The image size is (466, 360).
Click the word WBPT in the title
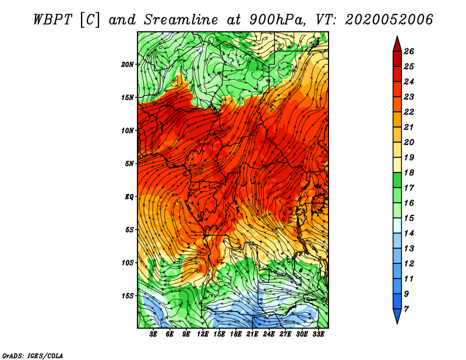click(x=52, y=20)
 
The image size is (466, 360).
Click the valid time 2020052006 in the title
click(x=389, y=20)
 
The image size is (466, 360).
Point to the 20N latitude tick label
click(x=128, y=65)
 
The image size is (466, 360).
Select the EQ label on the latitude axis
click(x=129, y=197)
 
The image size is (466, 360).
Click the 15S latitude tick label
click(x=128, y=296)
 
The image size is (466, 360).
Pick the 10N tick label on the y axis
click(x=128, y=130)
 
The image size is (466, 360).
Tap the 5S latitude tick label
click(x=129, y=230)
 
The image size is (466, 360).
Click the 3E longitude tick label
click(x=153, y=334)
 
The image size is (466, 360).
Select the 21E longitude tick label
click(x=252, y=334)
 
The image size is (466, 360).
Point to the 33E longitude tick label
click(x=318, y=334)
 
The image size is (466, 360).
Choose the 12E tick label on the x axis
click(x=202, y=334)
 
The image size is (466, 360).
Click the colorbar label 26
click(x=409, y=51)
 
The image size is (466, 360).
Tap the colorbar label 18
click(x=409, y=172)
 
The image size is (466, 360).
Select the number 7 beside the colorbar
click(x=406, y=309)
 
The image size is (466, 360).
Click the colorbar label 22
click(x=409, y=112)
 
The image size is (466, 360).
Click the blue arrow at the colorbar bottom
click(x=397, y=316)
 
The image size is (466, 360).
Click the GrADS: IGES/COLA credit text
click(x=33, y=355)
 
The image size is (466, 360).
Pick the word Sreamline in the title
click(x=181, y=20)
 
